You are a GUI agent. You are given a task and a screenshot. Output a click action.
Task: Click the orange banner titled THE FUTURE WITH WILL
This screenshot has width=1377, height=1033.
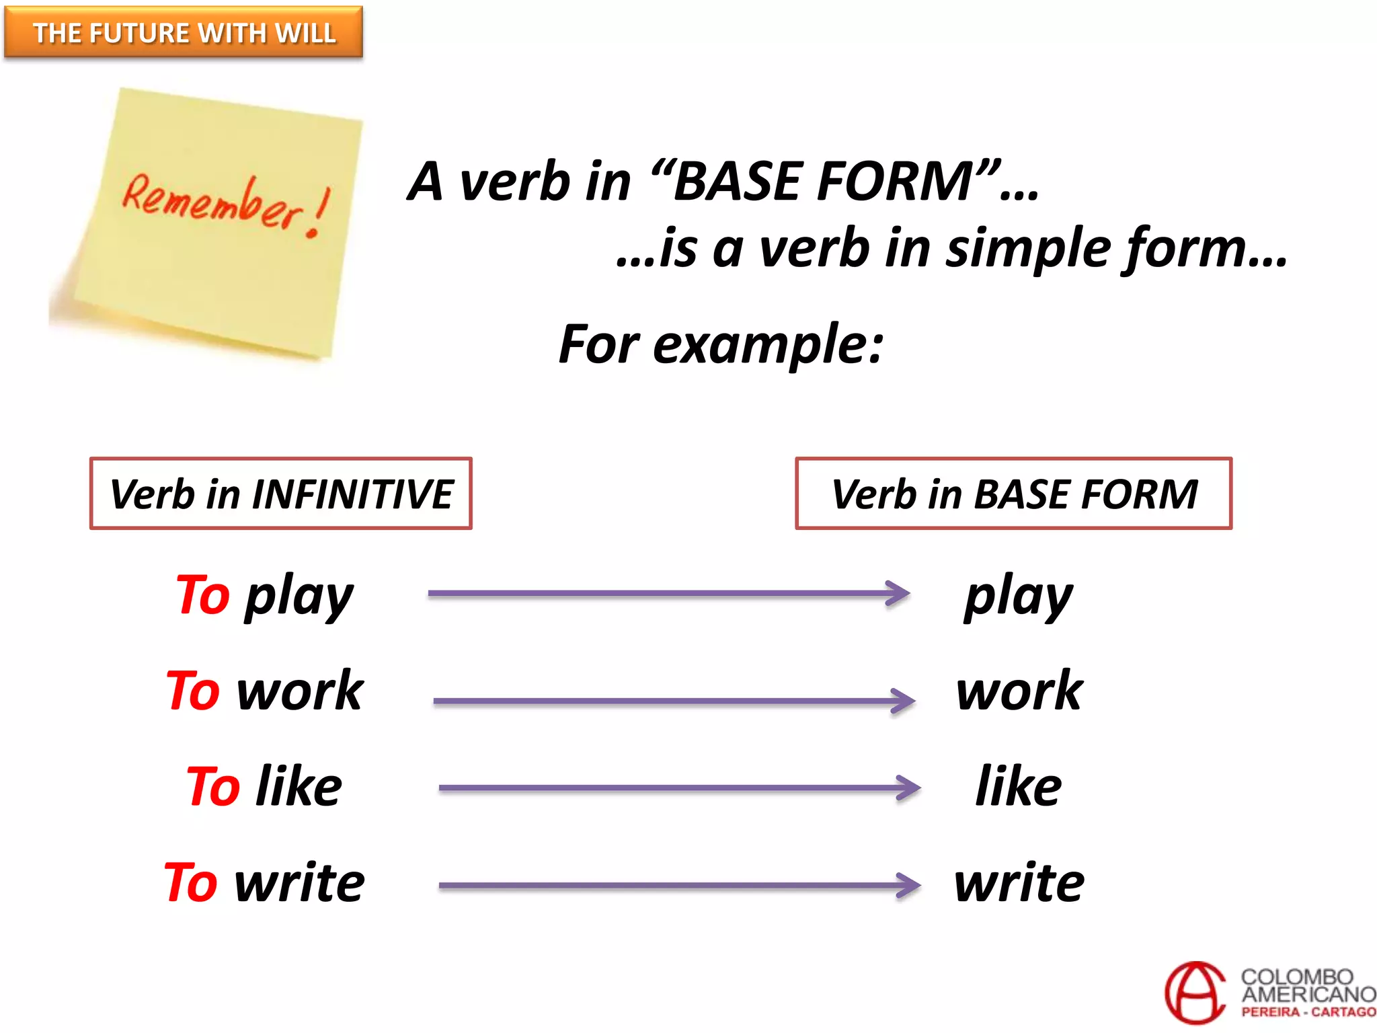point(184,32)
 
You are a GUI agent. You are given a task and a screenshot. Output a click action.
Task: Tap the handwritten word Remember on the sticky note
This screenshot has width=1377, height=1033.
point(212,202)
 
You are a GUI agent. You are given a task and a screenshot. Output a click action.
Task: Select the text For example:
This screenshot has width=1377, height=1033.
point(721,344)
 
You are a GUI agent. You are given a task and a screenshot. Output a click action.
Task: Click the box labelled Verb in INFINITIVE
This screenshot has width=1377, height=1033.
point(280,494)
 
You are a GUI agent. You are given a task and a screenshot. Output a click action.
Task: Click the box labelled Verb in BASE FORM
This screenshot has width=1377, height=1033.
point(1013,494)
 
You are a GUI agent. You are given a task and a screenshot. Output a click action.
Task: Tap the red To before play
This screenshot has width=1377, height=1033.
point(203,595)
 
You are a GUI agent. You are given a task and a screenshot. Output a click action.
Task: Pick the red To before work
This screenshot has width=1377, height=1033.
point(193,691)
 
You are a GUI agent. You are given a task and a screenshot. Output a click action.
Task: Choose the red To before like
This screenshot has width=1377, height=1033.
point(213,786)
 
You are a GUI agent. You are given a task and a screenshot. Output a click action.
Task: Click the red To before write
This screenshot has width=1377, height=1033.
point(191,882)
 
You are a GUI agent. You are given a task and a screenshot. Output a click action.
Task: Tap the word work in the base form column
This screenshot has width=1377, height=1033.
point(1019,691)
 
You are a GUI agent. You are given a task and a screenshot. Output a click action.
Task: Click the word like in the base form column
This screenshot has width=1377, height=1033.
point(1019,786)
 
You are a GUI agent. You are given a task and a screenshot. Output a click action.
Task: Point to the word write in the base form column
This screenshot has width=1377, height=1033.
point(1019,882)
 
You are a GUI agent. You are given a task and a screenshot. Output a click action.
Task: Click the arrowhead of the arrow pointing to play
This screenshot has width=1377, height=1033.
point(900,593)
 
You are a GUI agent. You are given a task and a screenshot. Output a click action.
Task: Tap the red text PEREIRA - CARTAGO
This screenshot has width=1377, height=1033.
point(1308,1012)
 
